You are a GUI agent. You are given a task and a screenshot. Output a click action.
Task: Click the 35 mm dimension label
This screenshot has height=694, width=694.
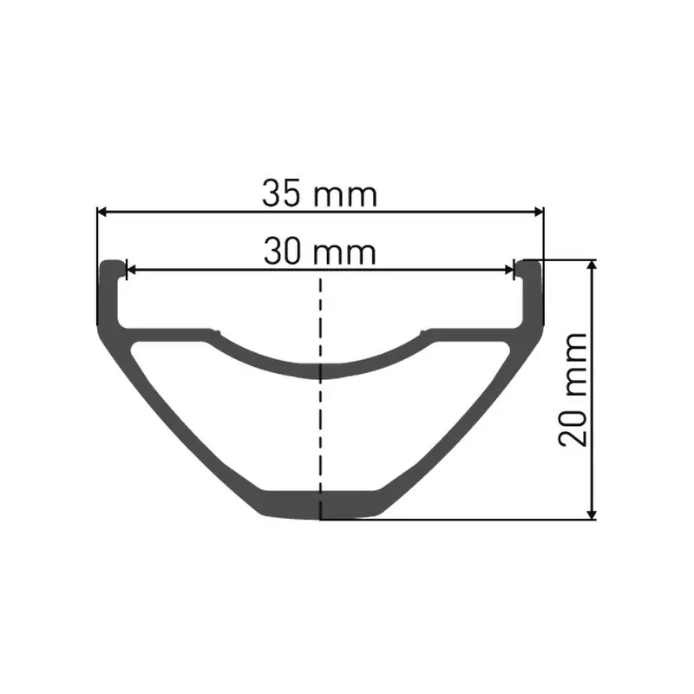320,193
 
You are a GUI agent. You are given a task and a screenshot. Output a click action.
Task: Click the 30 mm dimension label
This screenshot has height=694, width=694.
320,252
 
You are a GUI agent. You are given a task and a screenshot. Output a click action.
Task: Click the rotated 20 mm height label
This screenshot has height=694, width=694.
574,388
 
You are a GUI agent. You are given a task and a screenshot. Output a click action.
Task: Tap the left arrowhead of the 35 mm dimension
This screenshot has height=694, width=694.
101,211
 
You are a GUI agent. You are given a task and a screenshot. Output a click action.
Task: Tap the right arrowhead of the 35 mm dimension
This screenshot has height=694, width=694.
539,211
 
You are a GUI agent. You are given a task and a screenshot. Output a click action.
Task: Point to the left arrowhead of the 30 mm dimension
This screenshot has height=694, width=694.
131,270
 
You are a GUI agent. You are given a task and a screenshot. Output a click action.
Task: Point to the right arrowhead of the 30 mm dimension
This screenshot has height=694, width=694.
510,270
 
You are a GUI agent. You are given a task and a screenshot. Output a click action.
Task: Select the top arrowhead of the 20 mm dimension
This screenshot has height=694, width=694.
593,265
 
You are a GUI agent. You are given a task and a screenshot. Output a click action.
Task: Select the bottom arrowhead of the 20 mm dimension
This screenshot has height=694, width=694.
593,514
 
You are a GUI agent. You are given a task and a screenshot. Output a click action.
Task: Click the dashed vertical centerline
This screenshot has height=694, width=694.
321,416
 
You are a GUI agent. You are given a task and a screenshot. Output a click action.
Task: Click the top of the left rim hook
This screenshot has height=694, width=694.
110,262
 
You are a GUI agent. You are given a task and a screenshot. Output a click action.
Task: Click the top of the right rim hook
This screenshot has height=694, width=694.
530,262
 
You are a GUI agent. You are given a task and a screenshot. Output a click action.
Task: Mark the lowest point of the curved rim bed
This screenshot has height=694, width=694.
321,372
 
